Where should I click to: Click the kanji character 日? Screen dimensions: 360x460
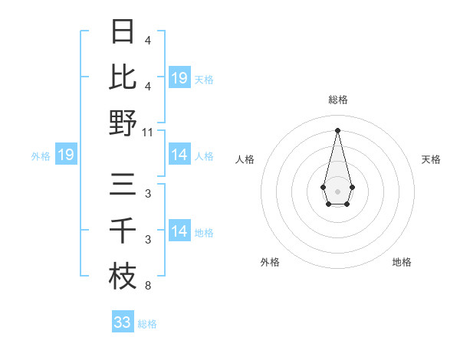[123, 32]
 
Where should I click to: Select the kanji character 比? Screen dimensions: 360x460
[123, 77]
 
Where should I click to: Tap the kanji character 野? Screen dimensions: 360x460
[123, 123]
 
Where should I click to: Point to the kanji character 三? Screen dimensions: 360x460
[123, 185]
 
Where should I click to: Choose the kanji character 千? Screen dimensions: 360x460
[123, 231]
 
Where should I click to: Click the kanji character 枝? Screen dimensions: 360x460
[123, 277]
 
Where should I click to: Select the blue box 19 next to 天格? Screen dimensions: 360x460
[179, 77]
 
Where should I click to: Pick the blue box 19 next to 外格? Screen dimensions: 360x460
[65, 155]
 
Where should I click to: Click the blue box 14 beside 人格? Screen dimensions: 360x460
[179, 155]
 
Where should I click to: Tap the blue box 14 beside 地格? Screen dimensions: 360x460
[179, 231]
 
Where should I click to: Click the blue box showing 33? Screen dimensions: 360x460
[122, 322]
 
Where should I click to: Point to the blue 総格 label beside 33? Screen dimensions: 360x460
[147, 324]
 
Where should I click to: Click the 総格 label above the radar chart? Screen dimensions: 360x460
[337, 100]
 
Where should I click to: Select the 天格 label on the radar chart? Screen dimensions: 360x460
[431, 159]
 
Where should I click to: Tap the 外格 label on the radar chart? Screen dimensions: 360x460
[269, 262]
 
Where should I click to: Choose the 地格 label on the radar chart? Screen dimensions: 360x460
[402, 262]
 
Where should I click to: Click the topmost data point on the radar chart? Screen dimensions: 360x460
[337, 129]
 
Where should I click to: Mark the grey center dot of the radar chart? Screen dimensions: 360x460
[337, 191]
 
